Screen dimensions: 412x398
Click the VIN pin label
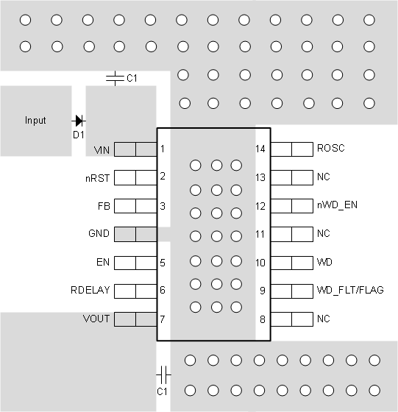coord(102,149)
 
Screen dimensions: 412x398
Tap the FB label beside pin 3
coord(104,206)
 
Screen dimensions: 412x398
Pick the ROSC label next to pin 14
coord(330,149)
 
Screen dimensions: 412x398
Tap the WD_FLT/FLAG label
coord(349,291)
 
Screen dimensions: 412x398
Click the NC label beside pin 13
coord(323,177)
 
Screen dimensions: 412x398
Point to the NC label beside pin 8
coord(323,319)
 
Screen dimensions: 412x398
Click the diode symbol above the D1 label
coord(78,120)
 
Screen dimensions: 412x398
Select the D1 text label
coord(79,135)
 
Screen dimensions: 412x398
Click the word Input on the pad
coord(35,121)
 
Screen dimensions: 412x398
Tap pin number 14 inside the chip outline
coord(261,149)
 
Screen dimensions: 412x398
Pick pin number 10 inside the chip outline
coord(261,262)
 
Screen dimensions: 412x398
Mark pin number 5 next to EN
coord(163,262)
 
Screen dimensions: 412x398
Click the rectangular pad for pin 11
coord(291,234)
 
